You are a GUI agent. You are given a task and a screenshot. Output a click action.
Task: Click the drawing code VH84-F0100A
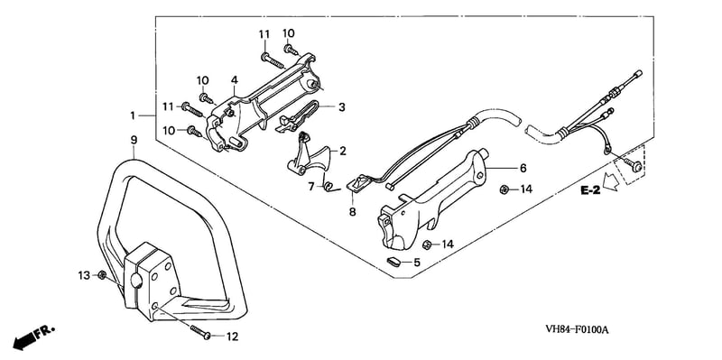point(577,329)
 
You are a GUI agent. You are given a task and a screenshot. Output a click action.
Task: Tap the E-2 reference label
point(590,190)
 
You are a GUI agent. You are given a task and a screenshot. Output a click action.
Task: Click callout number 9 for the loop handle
point(134,140)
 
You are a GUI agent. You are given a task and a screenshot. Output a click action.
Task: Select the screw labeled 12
point(199,331)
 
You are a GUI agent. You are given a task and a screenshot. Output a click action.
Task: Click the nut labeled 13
point(102,275)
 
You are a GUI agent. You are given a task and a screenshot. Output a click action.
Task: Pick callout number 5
point(417,263)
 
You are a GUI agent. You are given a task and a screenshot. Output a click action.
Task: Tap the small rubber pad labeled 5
point(393,262)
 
